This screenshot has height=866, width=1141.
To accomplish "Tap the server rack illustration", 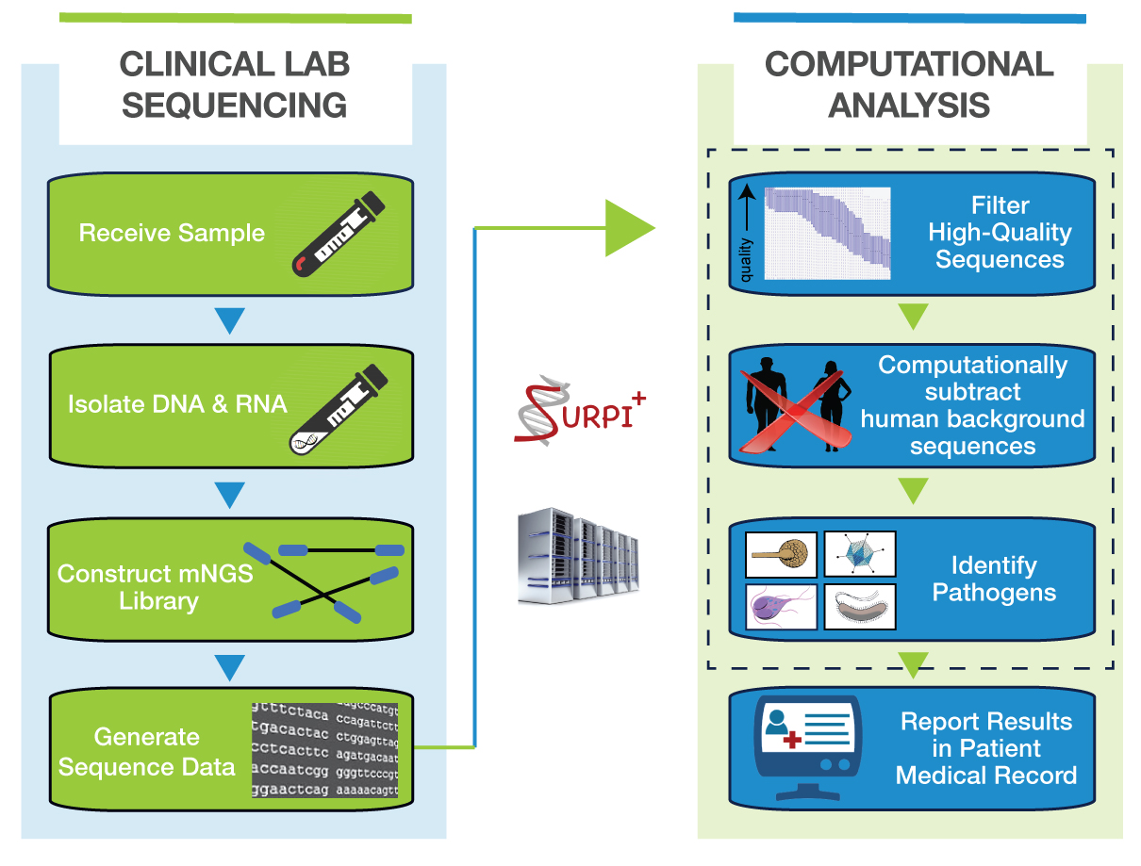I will coord(577,556).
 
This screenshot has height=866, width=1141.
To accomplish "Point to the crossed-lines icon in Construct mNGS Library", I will coord(324,580).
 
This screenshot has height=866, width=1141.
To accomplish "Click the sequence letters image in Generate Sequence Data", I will coord(324,750).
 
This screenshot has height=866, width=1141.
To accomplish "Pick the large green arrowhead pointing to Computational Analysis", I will coord(628,227).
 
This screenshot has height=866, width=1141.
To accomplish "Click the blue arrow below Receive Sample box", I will coord(230,320).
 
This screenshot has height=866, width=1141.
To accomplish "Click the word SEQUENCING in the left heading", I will coord(235,105).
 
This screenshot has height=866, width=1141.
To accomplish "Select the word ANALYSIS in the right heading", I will coord(909,105).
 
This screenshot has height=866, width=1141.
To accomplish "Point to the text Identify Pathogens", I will coord(994,580).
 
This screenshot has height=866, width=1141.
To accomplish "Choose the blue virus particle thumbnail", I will coord(860,554).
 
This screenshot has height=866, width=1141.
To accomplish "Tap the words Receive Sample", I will coord(172,233).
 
